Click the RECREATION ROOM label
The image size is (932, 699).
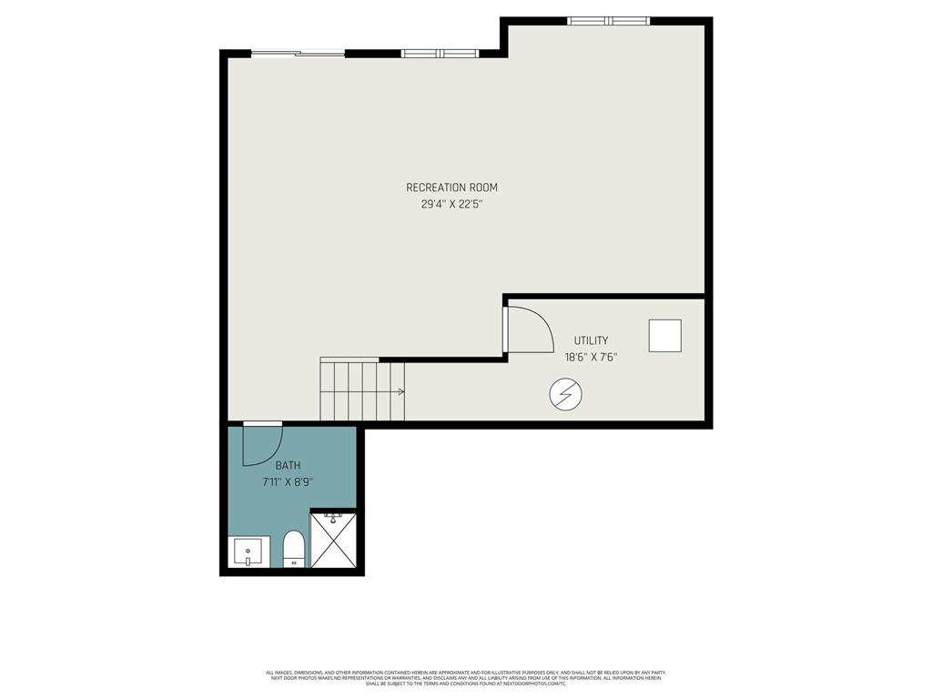click(451, 187)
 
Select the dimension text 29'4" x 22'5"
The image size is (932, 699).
click(451, 205)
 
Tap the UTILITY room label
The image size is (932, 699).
click(591, 340)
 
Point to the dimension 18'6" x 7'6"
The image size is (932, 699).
click(591, 358)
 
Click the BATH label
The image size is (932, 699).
click(288, 465)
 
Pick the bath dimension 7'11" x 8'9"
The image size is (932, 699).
click(288, 482)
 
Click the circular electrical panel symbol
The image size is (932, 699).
click(566, 394)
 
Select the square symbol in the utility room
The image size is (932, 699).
click(664, 336)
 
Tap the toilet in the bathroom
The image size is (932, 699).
click(293, 550)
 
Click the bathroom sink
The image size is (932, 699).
click(248, 552)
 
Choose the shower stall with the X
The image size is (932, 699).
click(334, 541)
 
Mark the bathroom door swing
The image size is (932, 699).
click(262, 445)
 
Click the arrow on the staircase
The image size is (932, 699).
click(400, 392)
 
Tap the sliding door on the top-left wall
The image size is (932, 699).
click(298, 54)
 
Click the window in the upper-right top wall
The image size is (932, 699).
click(608, 21)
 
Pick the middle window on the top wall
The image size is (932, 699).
click(440, 54)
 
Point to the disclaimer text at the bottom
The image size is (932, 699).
click(465, 678)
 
